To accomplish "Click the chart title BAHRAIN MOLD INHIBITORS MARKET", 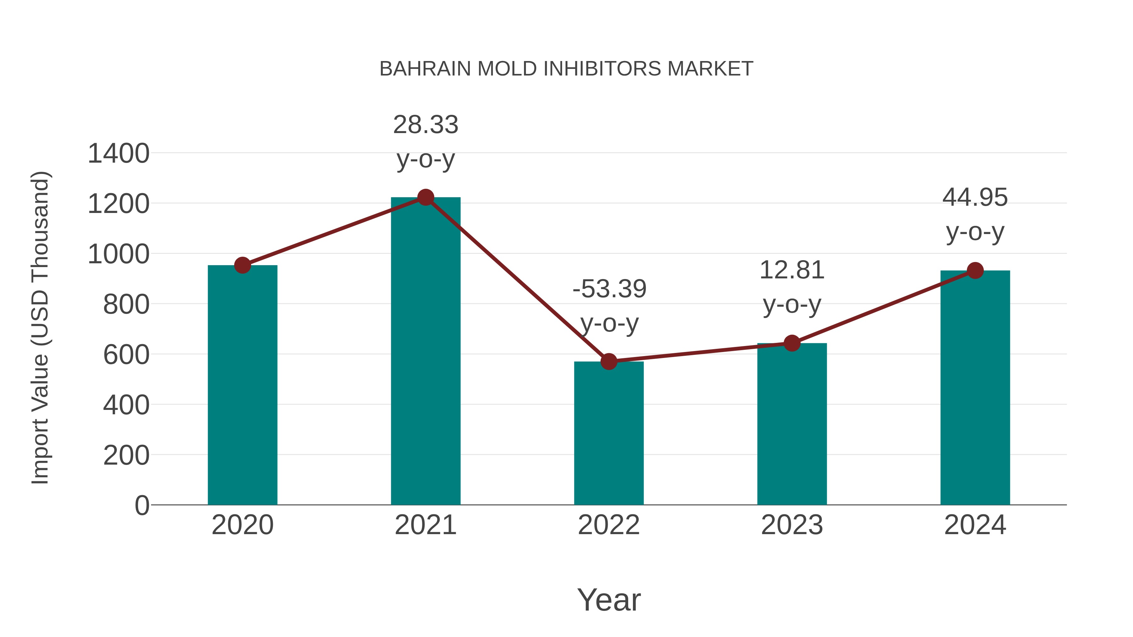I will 566,69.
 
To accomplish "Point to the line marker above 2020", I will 242,265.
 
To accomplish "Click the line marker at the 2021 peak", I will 425,197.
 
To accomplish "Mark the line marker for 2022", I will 609,361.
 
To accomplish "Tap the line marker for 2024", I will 975,270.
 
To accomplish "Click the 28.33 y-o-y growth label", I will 425,142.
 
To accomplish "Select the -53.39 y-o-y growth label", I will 609,306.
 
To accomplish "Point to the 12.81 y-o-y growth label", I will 792,287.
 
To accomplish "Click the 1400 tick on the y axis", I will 119,154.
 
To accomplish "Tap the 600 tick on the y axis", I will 126,355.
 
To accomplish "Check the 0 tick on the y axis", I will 142,506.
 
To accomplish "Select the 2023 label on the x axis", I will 792,525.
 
